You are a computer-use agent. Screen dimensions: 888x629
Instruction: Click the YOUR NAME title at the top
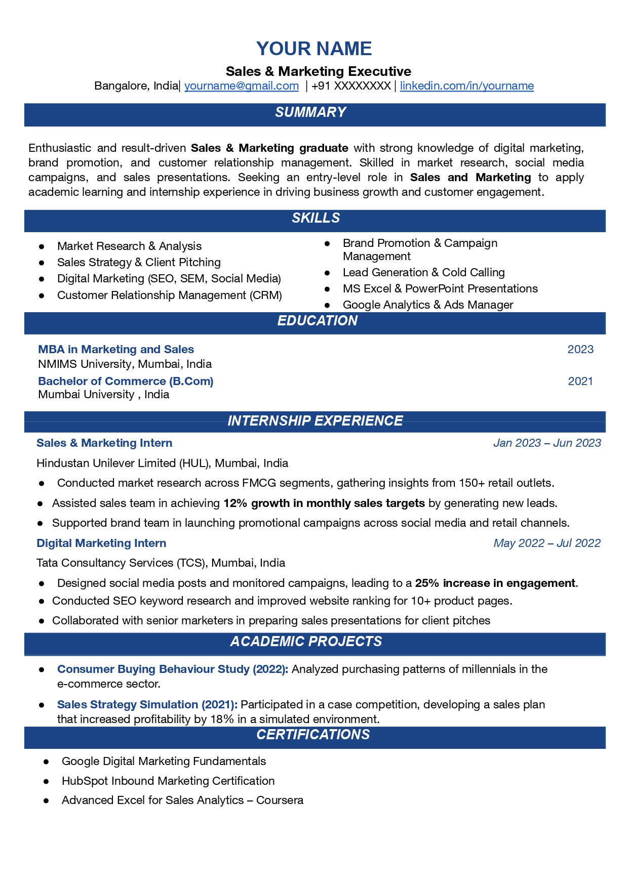tap(314, 49)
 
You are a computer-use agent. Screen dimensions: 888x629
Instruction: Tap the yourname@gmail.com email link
tap(242, 86)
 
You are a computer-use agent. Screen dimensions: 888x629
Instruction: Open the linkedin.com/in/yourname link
tap(466, 86)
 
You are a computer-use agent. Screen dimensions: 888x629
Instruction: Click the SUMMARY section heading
tap(310, 112)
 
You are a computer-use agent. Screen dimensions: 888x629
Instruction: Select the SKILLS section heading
tap(316, 218)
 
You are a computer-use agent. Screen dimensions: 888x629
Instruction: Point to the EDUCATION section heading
tap(317, 321)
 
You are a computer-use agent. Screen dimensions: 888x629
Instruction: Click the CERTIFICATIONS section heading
tap(313, 735)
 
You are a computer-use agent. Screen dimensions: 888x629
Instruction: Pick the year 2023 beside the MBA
tap(580, 350)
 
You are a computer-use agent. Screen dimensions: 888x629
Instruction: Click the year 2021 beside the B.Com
tap(580, 382)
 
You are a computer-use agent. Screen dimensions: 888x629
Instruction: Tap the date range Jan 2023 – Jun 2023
tap(547, 443)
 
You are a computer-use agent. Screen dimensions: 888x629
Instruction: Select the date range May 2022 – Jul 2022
tap(547, 543)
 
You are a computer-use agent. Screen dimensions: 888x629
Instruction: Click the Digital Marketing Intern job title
tap(101, 543)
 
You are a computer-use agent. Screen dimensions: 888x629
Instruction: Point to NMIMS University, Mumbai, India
tap(125, 364)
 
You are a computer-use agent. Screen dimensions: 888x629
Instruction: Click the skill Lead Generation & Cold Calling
tap(423, 273)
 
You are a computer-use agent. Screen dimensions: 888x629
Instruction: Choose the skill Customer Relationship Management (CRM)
tap(169, 295)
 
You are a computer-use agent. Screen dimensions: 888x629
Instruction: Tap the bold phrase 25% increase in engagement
tap(495, 583)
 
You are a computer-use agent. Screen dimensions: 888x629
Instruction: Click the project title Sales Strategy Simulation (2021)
tap(147, 705)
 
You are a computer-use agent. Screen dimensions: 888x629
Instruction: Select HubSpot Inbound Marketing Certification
tap(168, 781)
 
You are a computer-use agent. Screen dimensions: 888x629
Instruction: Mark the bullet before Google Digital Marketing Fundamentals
tap(46, 762)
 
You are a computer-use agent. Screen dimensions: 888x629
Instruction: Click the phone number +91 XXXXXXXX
tap(351, 86)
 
